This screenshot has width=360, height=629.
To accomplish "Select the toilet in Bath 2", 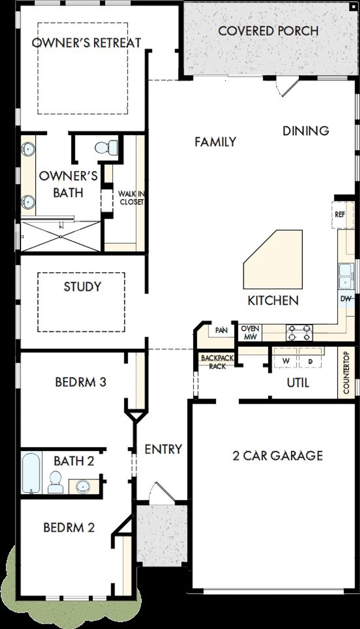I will click(55, 482).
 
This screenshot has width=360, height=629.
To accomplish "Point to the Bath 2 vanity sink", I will click(83, 486).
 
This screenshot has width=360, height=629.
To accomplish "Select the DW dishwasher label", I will click(346, 299).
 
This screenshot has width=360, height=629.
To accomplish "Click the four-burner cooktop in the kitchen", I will click(299, 333).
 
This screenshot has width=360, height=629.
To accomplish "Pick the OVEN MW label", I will click(250, 332).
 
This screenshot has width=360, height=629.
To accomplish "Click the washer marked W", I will click(285, 361).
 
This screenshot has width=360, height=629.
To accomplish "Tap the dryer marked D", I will click(310, 361).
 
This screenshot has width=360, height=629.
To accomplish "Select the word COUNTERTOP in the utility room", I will click(346, 373).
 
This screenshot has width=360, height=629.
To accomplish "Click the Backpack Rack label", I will click(217, 362).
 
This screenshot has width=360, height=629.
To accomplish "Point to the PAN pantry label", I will click(221, 330).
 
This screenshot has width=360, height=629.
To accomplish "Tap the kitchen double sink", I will click(345, 276).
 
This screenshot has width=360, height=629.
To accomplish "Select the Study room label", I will click(82, 286).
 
